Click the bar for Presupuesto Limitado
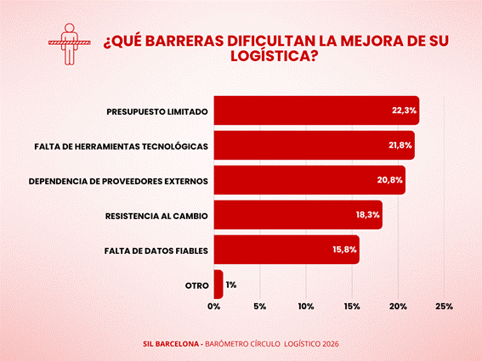click(316, 110)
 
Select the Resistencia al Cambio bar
click(298, 215)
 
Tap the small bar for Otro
click(218, 285)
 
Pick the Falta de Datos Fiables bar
click(286, 250)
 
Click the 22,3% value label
click(404, 110)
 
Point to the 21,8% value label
click(400, 145)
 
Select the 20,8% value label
click(390, 180)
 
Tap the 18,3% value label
click(367, 215)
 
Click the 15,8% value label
click(344, 250)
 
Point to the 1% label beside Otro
click(231, 285)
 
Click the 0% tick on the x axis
click(214, 307)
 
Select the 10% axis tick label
click(306, 307)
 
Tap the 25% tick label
click(445, 307)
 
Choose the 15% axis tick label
click(352, 307)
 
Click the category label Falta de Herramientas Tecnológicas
click(121, 147)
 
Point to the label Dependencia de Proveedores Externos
click(118, 181)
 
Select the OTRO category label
click(197, 285)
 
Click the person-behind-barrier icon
click(70, 44)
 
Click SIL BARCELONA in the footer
click(171, 344)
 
